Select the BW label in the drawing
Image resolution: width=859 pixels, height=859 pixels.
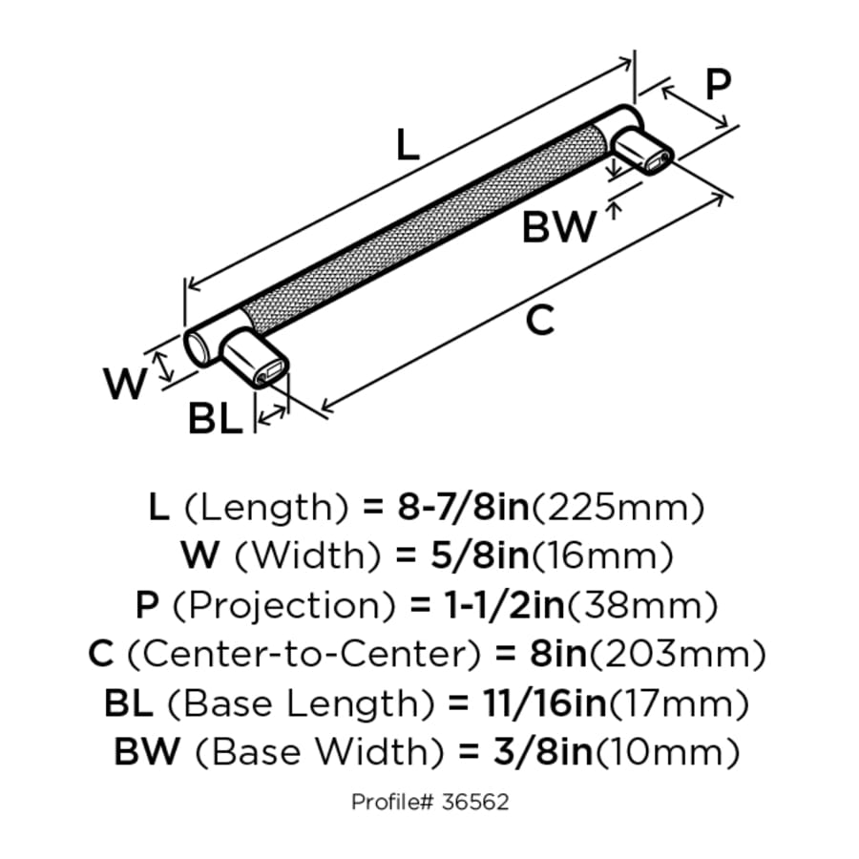[x=558, y=227]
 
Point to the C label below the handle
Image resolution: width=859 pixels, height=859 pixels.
[x=539, y=321]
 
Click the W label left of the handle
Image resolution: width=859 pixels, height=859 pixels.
[x=126, y=385]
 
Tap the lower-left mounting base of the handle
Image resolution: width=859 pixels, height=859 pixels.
[x=254, y=361]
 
